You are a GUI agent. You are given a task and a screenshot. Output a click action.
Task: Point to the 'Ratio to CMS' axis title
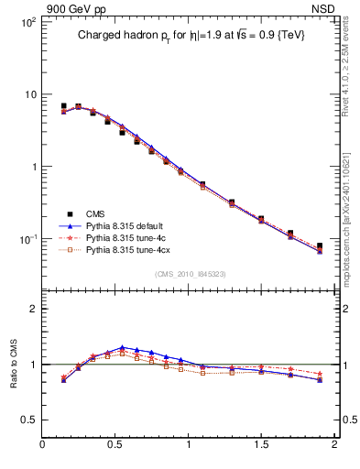16,362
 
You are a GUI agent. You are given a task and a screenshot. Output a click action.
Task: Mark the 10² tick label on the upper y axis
27,21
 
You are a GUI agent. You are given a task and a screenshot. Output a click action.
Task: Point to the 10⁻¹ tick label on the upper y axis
27,239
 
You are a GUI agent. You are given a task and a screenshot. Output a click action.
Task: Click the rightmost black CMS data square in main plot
320,245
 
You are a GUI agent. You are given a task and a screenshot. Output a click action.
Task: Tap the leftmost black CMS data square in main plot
63,106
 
